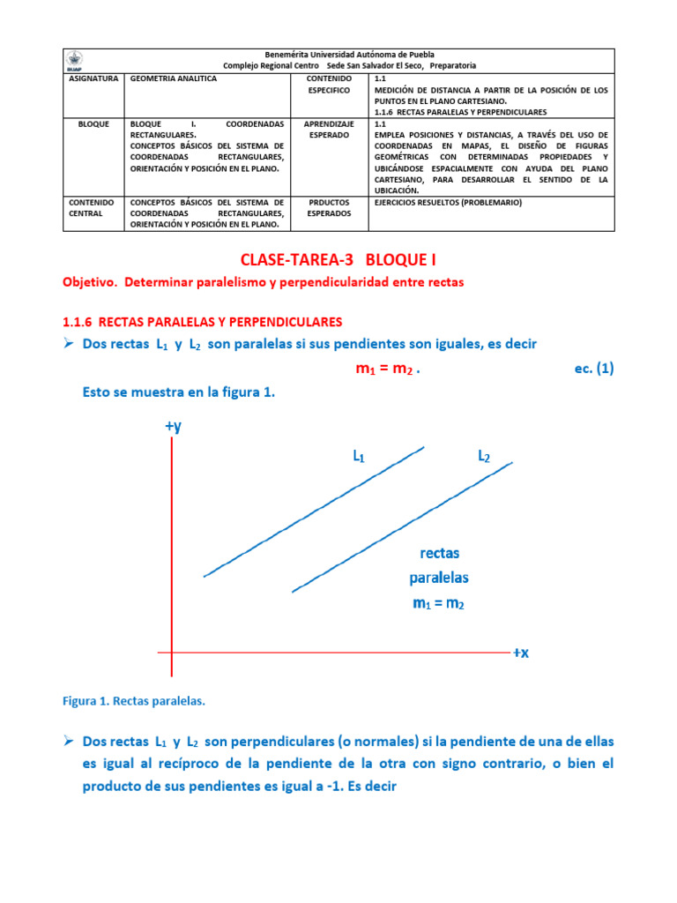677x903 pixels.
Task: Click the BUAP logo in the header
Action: tap(76, 60)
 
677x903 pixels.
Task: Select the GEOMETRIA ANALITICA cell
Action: tap(173, 78)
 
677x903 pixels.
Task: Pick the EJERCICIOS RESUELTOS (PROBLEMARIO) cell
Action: tap(448, 202)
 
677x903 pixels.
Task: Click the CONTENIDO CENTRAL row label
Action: tap(92, 207)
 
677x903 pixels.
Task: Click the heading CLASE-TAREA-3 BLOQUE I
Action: tap(338, 260)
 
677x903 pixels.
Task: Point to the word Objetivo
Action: tap(90, 282)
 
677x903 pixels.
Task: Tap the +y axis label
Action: tap(173, 427)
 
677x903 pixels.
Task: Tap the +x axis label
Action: tap(520, 653)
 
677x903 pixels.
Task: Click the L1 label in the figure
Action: tap(359, 457)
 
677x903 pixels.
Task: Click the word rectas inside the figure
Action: tap(439, 554)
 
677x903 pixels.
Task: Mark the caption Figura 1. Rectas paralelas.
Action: tap(133, 701)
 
